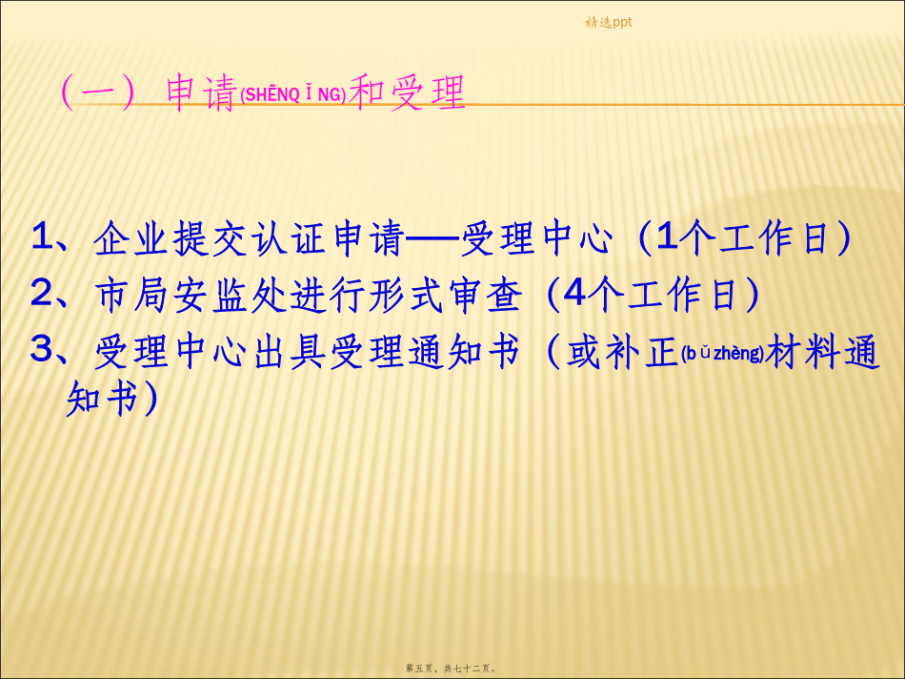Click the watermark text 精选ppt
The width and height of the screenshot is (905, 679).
(609, 23)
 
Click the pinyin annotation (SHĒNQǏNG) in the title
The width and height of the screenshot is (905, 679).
(293, 94)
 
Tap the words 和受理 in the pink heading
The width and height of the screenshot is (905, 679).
(407, 92)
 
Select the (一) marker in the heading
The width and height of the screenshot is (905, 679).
(98, 92)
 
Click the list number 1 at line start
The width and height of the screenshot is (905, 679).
(43, 237)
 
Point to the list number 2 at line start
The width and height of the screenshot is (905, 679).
(42, 293)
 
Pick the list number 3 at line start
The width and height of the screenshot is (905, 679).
(42, 348)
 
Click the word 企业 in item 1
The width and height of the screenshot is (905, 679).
(131, 237)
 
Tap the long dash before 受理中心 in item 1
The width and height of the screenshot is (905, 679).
(432, 237)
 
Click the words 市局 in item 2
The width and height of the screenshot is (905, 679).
(131, 295)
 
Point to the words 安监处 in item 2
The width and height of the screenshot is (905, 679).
(230, 295)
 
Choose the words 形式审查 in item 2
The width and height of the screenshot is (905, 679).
(446, 295)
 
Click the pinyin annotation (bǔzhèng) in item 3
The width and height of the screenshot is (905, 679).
(723, 353)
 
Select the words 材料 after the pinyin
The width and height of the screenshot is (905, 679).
(803, 351)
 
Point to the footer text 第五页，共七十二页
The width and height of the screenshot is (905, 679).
(451, 668)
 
